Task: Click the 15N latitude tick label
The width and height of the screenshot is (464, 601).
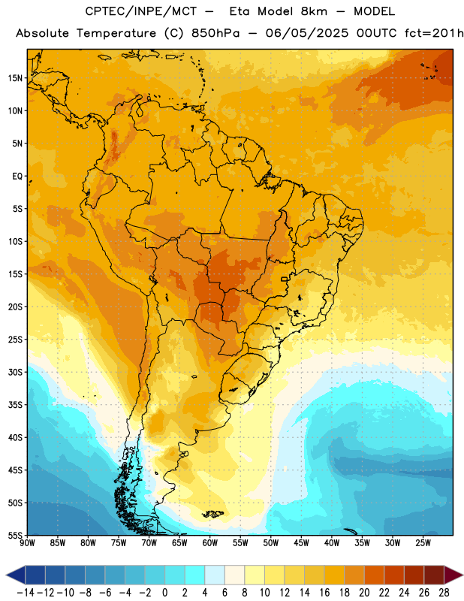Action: point(15,78)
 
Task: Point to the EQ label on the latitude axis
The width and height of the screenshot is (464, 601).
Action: point(17,177)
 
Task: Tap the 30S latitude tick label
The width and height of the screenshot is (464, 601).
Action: point(15,372)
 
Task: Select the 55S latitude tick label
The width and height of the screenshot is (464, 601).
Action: point(15,535)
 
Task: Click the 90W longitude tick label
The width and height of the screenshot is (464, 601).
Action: point(27,543)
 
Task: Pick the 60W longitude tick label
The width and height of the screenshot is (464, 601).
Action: point(210,543)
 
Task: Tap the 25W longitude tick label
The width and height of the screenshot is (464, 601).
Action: point(423,543)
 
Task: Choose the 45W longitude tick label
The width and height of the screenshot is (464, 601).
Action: point(301,543)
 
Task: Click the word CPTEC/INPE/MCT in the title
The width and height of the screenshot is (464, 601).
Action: point(141,11)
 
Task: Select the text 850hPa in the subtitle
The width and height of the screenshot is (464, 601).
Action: point(215,33)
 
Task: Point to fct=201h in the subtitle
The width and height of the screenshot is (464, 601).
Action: point(434,33)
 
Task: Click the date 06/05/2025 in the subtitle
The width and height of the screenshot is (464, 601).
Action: point(307,33)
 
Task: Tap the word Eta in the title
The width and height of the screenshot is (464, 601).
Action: point(240,11)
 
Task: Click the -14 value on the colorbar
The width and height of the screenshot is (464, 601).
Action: point(26,593)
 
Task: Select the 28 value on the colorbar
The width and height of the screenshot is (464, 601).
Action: point(444,593)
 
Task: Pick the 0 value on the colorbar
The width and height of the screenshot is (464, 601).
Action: point(164,593)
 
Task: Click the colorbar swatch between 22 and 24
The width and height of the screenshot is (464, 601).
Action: point(394,575)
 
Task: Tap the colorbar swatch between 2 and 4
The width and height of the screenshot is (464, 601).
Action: point(194,575)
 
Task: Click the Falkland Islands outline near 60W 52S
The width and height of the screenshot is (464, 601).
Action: point(212,514)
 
